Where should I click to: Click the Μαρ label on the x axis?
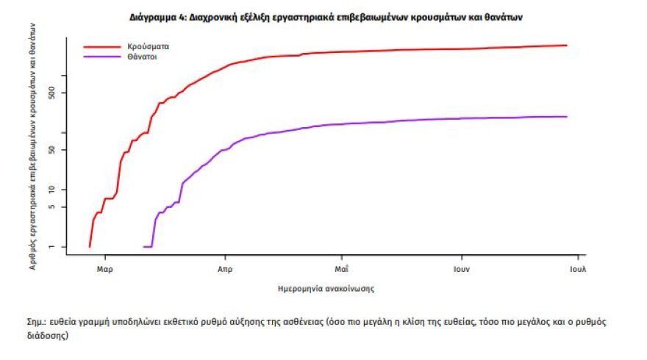coord(104,268)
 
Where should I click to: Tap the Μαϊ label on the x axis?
coord(340,268)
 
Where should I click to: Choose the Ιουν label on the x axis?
coord(461,268)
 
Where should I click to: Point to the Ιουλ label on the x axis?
coord(577,268)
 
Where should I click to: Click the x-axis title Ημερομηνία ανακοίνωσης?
coord(326,289)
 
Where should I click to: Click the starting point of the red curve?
coord(90,246)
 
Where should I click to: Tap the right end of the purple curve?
coord(567,116)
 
